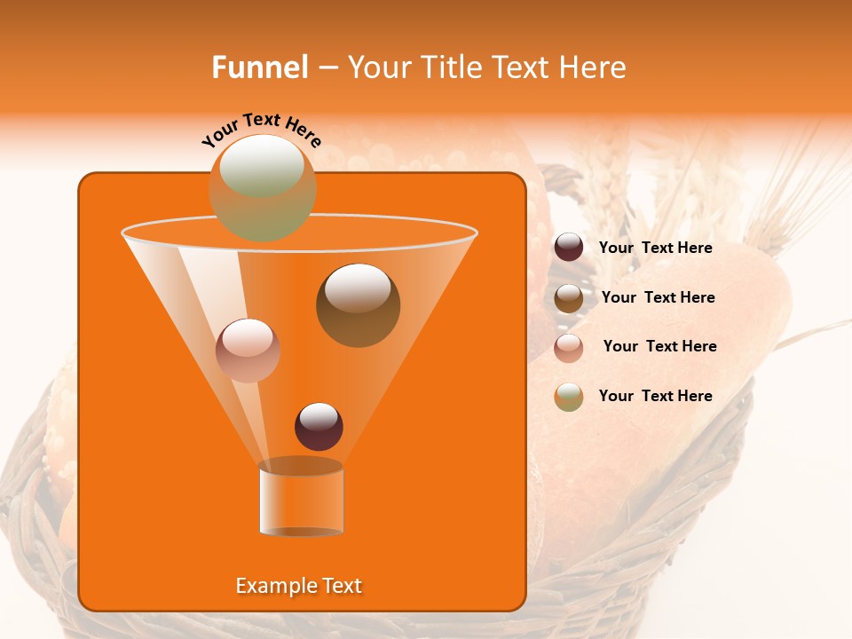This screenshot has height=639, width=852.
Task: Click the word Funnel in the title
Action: pyautogui.click(x=260, y=67)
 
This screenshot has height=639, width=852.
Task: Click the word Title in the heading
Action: pyautogui.click(x=451, y=67)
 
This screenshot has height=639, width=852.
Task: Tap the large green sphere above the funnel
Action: pyautogui.click(x=262, y=187)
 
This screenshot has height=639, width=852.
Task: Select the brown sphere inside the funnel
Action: pyautogui.click(x=358, y=305)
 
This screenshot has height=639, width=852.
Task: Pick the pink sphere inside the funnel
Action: pyautogui.click(x=248, y=351)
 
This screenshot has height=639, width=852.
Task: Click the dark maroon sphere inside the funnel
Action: pyautogui.click(x=319, y=427)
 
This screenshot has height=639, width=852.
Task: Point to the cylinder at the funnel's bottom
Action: pyautogui.click(x=301, y=500)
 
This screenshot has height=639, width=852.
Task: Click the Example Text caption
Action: pyautogui.click(x=299, y=586)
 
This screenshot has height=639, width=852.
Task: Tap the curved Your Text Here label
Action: pyautogui.click(x=262, y=130)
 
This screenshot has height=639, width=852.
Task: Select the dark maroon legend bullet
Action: pyautogui.click(x=569, y=248)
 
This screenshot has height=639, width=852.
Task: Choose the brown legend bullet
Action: pyautogui.click(x=569, y=298)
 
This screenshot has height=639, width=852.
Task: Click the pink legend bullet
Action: pyautogui.click(x=569, y=348)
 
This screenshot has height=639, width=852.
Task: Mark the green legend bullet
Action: pyautogui.click(x=569, y=397)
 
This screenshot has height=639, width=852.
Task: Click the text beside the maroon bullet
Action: pyautogui.click(x=655, y=248)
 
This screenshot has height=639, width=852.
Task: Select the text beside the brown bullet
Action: pyautogui.click(x=658, y=297)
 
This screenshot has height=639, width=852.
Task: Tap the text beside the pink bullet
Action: pyautogui.click(x=659, y=346)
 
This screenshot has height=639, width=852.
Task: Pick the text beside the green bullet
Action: pyautogui.click(x=655, y=396)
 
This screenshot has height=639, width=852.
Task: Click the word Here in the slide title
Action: pyautogui.click(x=593, y=67)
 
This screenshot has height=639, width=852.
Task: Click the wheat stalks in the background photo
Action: pyautogui.click(x=781, y=177)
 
